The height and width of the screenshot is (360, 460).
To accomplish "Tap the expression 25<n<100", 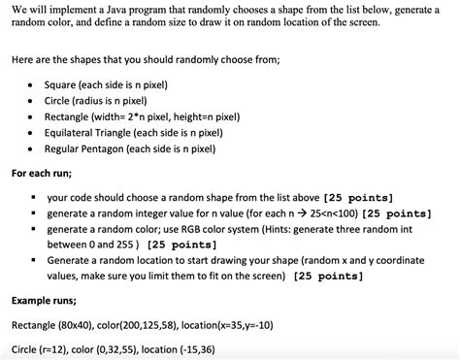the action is (x=301, y=213).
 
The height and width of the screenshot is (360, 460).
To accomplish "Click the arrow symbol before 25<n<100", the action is (x=273, y=213).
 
